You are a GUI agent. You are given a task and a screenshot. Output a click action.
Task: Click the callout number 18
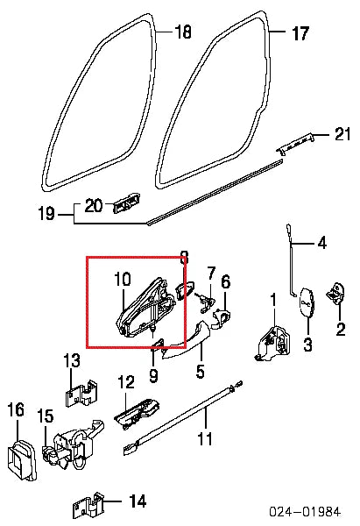pyautogui.click(x=182, y=32)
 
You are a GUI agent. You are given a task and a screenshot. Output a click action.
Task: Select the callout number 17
pyautogui.click(x=300, y=33)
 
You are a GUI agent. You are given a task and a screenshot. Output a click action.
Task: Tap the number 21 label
pyautogui.click(x=342, y=133)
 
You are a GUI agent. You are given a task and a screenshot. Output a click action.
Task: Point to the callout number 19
pyautogui.click(x=46, y=213)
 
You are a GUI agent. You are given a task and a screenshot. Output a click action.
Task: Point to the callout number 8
pyautogui.click(x=183, y=258)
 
